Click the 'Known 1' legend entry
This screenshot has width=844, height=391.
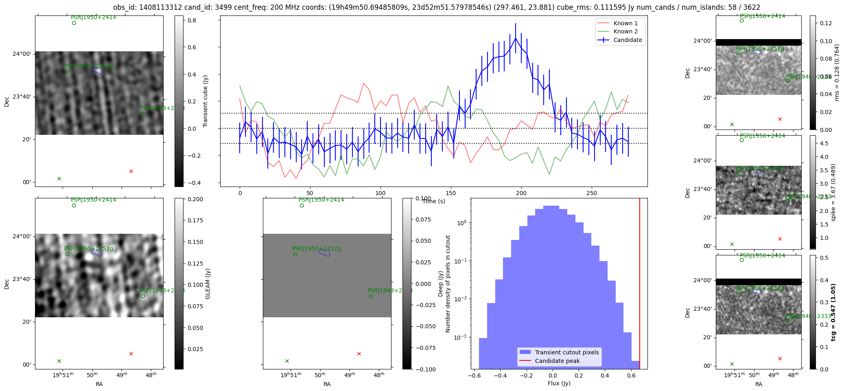click(625, 23)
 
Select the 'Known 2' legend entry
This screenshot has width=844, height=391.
click(625, 31)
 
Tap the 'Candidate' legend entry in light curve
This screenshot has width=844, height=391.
click(627, 40)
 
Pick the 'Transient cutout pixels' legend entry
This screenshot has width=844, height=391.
click(566, 352)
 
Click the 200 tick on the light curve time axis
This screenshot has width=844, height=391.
click(521, 193)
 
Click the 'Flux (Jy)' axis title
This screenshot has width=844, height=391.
click(559, 383)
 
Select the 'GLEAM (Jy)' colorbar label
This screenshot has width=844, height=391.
click(208, 283)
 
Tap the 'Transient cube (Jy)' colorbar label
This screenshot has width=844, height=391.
click(206, 101)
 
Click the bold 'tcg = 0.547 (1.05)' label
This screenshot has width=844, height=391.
click(833, 312)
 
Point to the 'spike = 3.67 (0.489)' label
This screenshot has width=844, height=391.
click(833, 193)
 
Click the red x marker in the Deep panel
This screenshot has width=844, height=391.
click(359, 354)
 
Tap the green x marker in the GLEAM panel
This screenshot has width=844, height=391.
click(59, 361)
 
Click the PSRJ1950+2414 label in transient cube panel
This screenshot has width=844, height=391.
click(93, 18)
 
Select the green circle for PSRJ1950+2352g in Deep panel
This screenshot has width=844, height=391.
click(295, 254)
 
